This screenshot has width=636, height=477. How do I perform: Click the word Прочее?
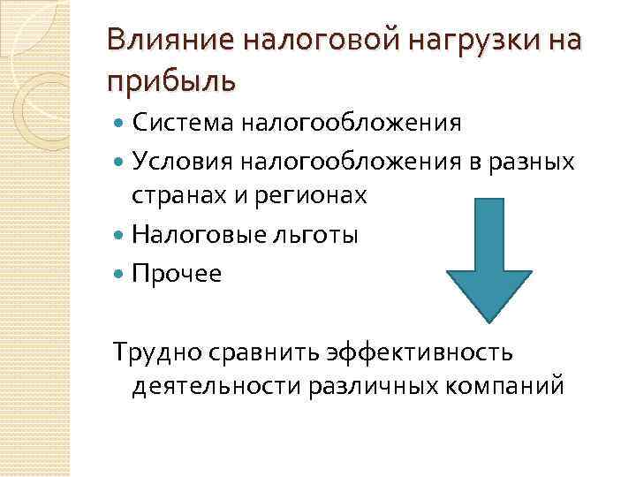(178, 274)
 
